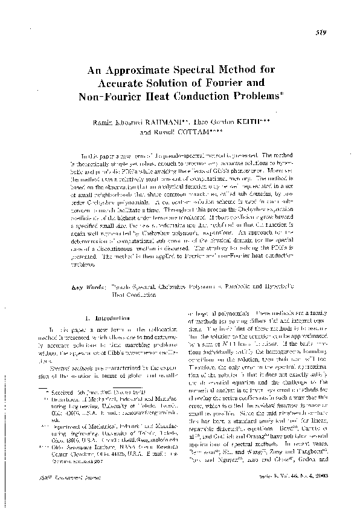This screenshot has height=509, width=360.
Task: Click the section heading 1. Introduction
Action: (x=106, y=317)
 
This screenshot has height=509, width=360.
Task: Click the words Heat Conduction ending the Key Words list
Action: (x=135, y=296)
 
